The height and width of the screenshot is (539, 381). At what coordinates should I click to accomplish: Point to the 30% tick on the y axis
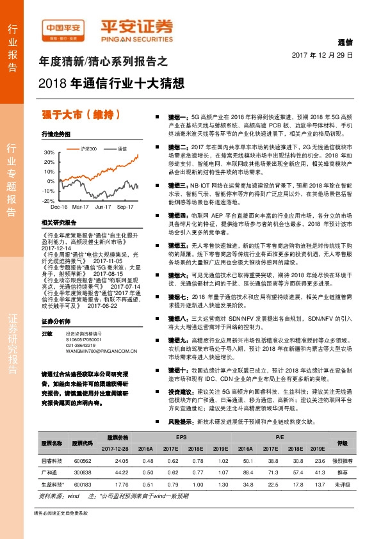point(49,154)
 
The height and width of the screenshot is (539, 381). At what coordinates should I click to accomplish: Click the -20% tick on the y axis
point(49,200)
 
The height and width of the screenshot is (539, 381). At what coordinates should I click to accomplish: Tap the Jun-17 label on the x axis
point(102,207)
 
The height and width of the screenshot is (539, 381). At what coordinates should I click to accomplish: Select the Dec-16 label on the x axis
point(59,207)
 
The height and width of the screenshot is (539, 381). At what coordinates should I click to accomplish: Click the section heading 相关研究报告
point(58,222)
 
